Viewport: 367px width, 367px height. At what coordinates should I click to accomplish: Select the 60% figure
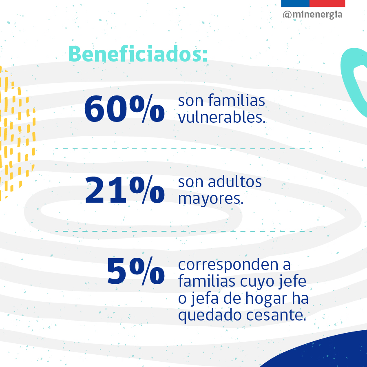coord(124,109)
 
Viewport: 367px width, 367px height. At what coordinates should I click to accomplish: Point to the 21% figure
coord(124,190)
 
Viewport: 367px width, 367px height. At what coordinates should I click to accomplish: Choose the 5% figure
coord(135,272)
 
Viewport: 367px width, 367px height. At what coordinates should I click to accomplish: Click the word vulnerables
coord(222,117)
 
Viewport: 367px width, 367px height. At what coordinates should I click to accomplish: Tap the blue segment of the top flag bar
coord(295,3)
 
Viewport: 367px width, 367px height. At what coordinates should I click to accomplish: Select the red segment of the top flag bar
coord(327,3)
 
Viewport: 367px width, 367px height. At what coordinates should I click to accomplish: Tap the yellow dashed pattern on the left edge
coord(16,135)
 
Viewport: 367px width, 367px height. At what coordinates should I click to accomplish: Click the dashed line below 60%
coord(183,149)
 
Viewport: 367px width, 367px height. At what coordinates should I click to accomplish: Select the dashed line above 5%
coord(183,231)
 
